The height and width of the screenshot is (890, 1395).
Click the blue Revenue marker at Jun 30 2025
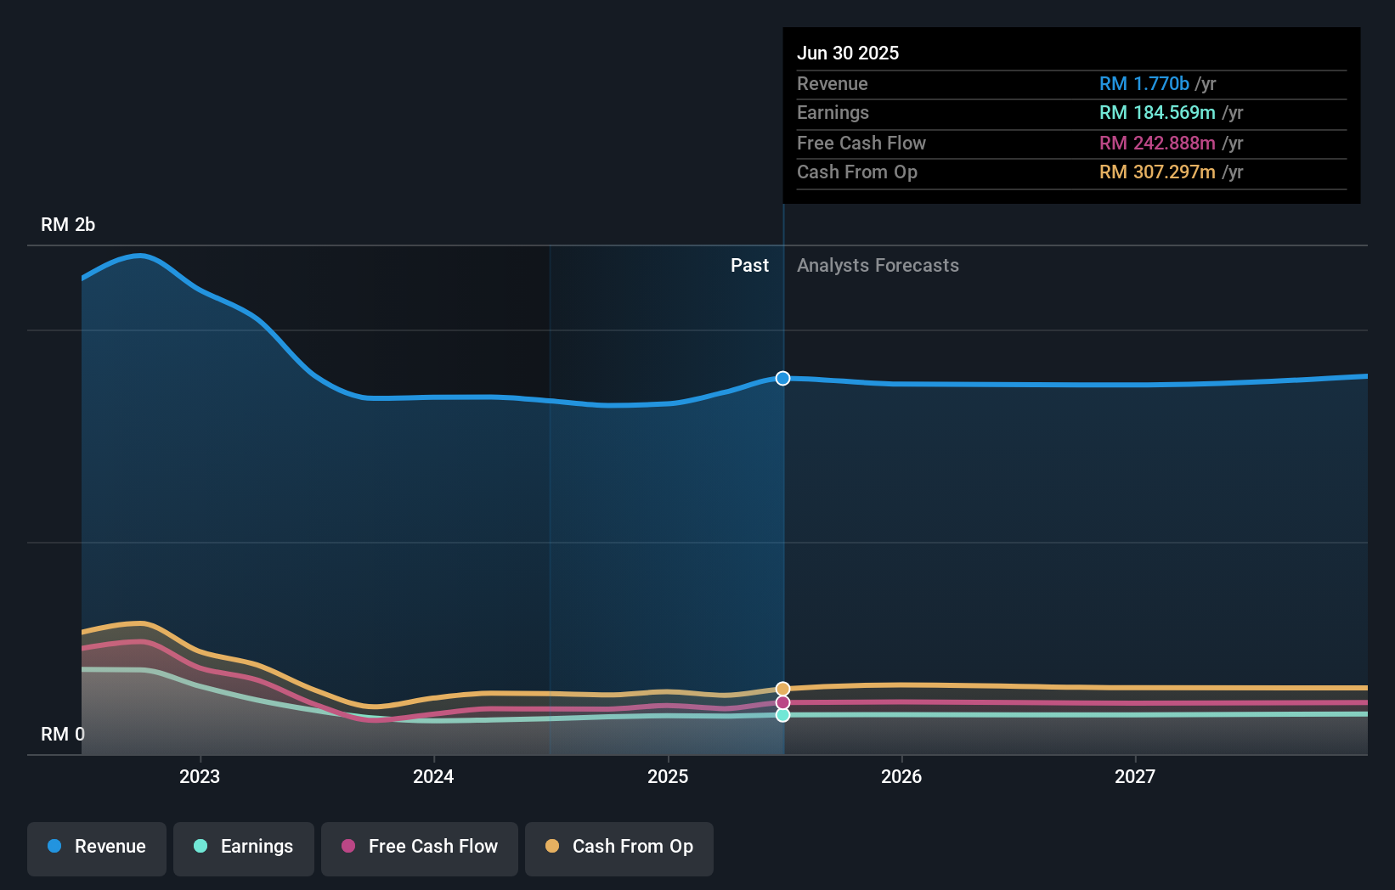(782, 378)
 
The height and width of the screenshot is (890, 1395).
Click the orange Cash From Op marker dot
(782, 689)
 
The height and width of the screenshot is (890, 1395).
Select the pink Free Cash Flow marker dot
(782, 702)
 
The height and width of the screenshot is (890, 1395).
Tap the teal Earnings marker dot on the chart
(782, 715)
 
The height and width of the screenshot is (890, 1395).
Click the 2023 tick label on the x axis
(200, 776)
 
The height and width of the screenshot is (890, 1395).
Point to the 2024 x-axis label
(433, 776)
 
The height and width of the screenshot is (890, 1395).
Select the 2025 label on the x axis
(668, 776)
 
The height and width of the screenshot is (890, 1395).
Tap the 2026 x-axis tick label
(901, 776)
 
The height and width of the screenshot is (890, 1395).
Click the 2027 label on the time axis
(1135, 776)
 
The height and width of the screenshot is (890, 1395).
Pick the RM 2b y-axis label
(68, 225)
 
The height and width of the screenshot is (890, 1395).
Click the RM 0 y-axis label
(63, 734)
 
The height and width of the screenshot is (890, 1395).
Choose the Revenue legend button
(97, 847)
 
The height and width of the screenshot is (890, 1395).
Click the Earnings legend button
(244, 847)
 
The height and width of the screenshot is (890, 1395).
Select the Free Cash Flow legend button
(420, 847)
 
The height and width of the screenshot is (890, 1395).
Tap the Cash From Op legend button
(619, 847)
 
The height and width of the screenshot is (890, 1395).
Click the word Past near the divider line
(749, 266)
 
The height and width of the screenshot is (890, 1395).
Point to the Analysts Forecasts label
(878, 266)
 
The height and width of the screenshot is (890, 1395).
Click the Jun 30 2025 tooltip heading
(848, 53)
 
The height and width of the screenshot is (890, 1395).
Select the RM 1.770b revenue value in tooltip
(1144, 83)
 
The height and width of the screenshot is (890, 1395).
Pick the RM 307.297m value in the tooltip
(1157, 172)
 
